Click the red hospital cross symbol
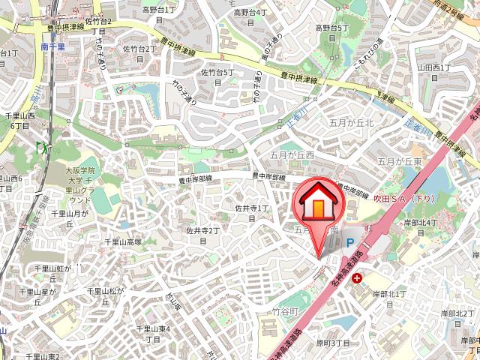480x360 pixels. [x=356, y=278]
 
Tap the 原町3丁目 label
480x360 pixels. [x=333, y=343]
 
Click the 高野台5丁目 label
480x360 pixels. [x=332, y=32]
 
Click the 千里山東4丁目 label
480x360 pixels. [x=154, y=334]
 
